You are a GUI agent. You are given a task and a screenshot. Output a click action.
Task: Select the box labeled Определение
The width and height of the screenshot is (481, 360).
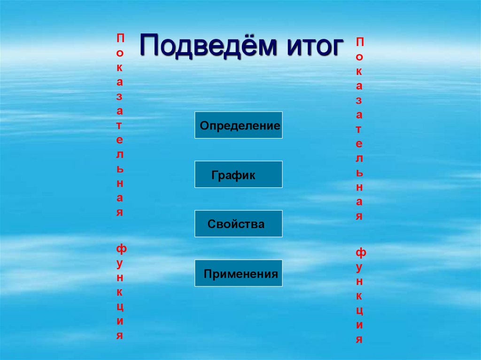(239, 125)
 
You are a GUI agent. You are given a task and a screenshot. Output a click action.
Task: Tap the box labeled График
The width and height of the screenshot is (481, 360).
(239, 175)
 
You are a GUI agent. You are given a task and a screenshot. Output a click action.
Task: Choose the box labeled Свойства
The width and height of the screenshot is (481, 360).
(239, 224)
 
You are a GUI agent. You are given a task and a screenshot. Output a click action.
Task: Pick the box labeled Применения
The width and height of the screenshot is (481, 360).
(239, 273)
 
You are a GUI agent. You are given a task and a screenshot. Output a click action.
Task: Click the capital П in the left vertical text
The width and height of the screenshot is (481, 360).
(120, 37)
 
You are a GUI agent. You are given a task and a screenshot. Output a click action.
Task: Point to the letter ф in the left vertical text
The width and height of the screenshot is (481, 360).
(121, 248)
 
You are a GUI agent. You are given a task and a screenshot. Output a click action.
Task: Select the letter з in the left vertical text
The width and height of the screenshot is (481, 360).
(120, 96)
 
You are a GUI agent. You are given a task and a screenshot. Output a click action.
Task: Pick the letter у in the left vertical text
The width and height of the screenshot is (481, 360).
(120, 263)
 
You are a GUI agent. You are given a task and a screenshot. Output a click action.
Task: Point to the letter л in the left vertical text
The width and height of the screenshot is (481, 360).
(120, 154)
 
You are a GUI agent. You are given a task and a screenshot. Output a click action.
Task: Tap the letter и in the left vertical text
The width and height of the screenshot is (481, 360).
(120, 321)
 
